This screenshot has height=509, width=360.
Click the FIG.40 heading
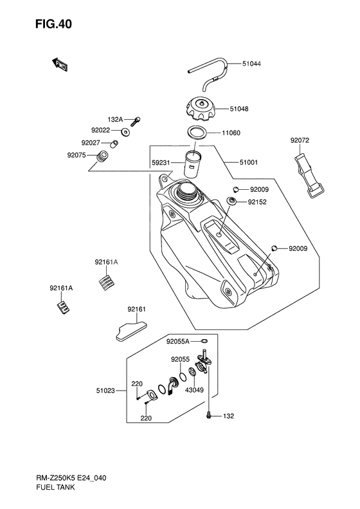point(53,24)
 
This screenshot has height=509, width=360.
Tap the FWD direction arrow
point(59,64)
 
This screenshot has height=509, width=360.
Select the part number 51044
point(251,64)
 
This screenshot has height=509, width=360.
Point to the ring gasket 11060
point(197,132)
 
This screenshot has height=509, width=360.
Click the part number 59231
point(161,162)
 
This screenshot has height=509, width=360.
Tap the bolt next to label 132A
point(136,122)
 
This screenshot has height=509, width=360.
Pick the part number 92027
point(91,143)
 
